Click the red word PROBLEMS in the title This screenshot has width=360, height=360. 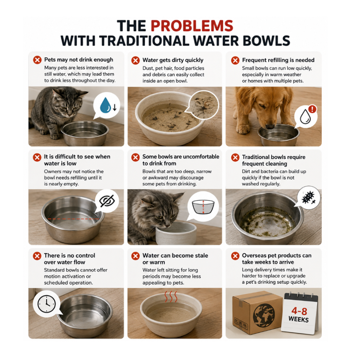coord(192,26)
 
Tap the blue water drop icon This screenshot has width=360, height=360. coord(105,105)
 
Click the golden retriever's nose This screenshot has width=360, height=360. coord(270,126)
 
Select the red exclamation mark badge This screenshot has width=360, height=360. coord(312,109)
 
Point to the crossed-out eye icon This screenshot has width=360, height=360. coord(107,201)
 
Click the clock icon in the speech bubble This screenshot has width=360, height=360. coord(46,304)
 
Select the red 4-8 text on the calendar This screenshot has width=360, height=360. coord(299,311)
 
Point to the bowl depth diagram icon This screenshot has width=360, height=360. coord(203,207)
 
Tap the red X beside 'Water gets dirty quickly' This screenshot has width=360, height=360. coord(135,60)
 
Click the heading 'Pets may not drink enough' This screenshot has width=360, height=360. coord(78,60)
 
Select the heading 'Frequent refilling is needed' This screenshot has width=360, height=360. coord(278,60)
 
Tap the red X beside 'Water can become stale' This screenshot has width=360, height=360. coord(135,256)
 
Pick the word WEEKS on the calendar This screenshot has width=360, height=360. coord(299,319)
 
